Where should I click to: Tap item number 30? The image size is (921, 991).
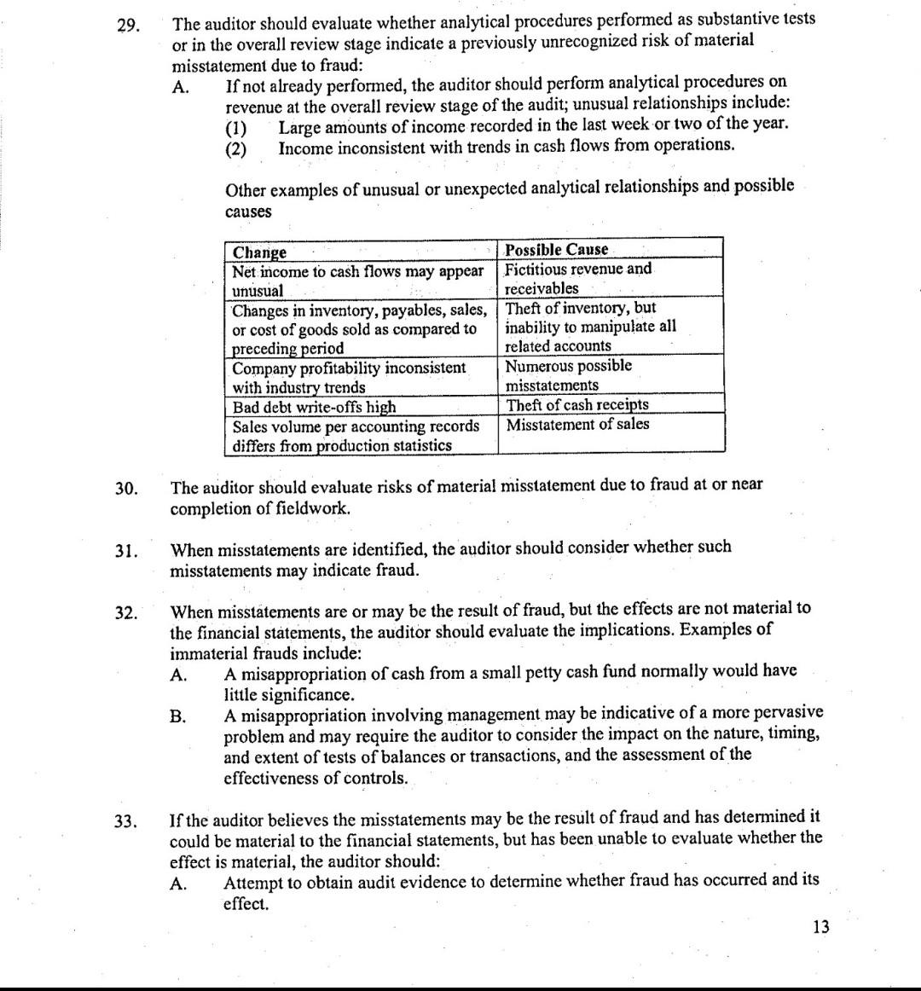pyautogui.click(x=126, y=489)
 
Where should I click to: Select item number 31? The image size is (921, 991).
pyautogui.click(x=126, y=551)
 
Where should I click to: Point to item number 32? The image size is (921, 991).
pyautogui.click(x=126, y=613)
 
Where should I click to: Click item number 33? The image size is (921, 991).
pyautogui.click(x=126, y=822)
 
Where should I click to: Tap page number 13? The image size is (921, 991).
pyautogui.click(x=820, y=927)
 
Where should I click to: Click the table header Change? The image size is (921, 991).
pyautogui.click(x=260, y=252)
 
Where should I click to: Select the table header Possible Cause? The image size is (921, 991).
pyautogui.click(x=557, y=250)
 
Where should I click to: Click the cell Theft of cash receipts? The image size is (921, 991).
pyautogui.click(x=577, y=405)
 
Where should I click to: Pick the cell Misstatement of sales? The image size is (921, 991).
pyautogui.click(x=577, y=425)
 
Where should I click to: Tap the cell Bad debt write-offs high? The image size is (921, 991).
pyautogui.click(x=314, y=407)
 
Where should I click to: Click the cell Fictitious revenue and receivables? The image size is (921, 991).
pyautogui.click(x=578, y=279)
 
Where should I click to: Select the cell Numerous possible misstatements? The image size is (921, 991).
pyautogui.click(x=569, y=375)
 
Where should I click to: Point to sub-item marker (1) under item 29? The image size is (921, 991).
pyautogui.click(x=235, y=129)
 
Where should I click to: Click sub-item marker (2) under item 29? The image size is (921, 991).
pyautogui.click(x=235, y=149)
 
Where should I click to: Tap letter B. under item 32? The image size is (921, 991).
pyautogui.click(x=178, y=716)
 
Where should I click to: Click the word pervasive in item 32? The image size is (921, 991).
pyautogui.click(x=786, y=712)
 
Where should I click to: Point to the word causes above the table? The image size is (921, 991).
pyautogui.click(x=248, y=211)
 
